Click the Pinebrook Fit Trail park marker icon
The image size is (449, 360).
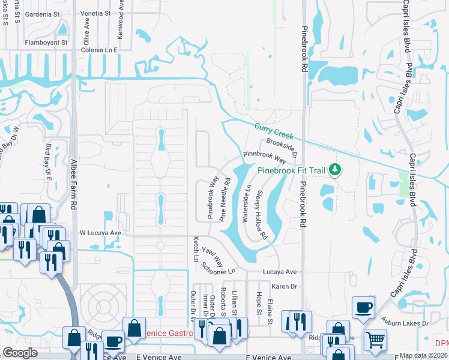(334, 170)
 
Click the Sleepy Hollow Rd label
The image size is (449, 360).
(262, 215)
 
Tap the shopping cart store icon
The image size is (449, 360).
(375, 339)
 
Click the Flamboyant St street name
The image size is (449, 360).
(46, 43)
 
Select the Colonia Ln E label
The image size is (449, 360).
(100, 50)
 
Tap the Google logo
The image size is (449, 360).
(20, 353)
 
